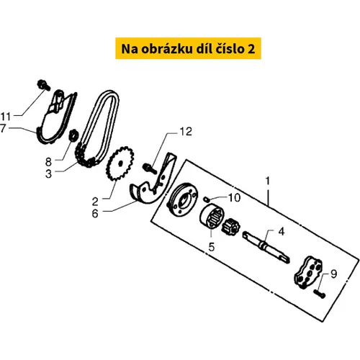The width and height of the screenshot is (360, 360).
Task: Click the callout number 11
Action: coord(6,117)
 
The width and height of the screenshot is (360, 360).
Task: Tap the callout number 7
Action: coord(3,128)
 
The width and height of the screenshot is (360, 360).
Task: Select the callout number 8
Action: coord(48,162)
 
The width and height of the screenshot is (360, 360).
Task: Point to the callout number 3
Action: coord(48,174)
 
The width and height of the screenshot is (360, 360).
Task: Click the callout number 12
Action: coord(186,132)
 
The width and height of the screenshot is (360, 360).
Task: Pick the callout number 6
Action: coord(95,213)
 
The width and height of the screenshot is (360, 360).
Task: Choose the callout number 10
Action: coord(234,198)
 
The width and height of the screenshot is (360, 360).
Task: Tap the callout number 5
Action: coord(212,247)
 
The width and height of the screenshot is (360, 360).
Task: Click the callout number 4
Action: coord(282,232)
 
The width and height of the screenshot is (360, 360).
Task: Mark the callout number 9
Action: coord(334,274)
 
